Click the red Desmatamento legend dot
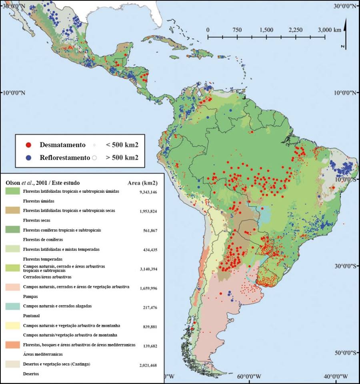tap(28, 144)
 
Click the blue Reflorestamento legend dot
tap(28, 157)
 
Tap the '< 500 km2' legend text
tap(122, 144)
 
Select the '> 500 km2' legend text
tap(122, 157)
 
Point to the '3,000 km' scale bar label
tap(330, 30)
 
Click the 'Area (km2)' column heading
tap(142, 183)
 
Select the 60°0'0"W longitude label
tap(249, 376)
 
